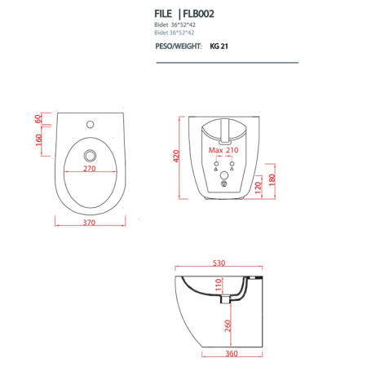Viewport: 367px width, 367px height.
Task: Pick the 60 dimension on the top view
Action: (38, 119)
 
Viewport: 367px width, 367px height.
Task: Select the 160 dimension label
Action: (38, 139)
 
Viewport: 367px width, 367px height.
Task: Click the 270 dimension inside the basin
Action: (90, 169)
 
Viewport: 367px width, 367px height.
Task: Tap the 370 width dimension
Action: (90, 222)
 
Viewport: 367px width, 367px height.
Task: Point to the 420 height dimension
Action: (175, 157)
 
